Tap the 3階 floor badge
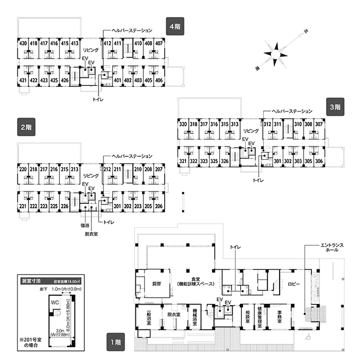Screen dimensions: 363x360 334,107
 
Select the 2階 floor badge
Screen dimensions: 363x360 25,127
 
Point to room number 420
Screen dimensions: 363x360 23,43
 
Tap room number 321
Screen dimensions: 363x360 183,161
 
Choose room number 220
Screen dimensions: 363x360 23,169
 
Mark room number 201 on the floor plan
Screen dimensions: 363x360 117,206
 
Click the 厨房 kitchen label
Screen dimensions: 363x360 156,284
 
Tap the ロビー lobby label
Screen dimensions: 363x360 294,284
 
